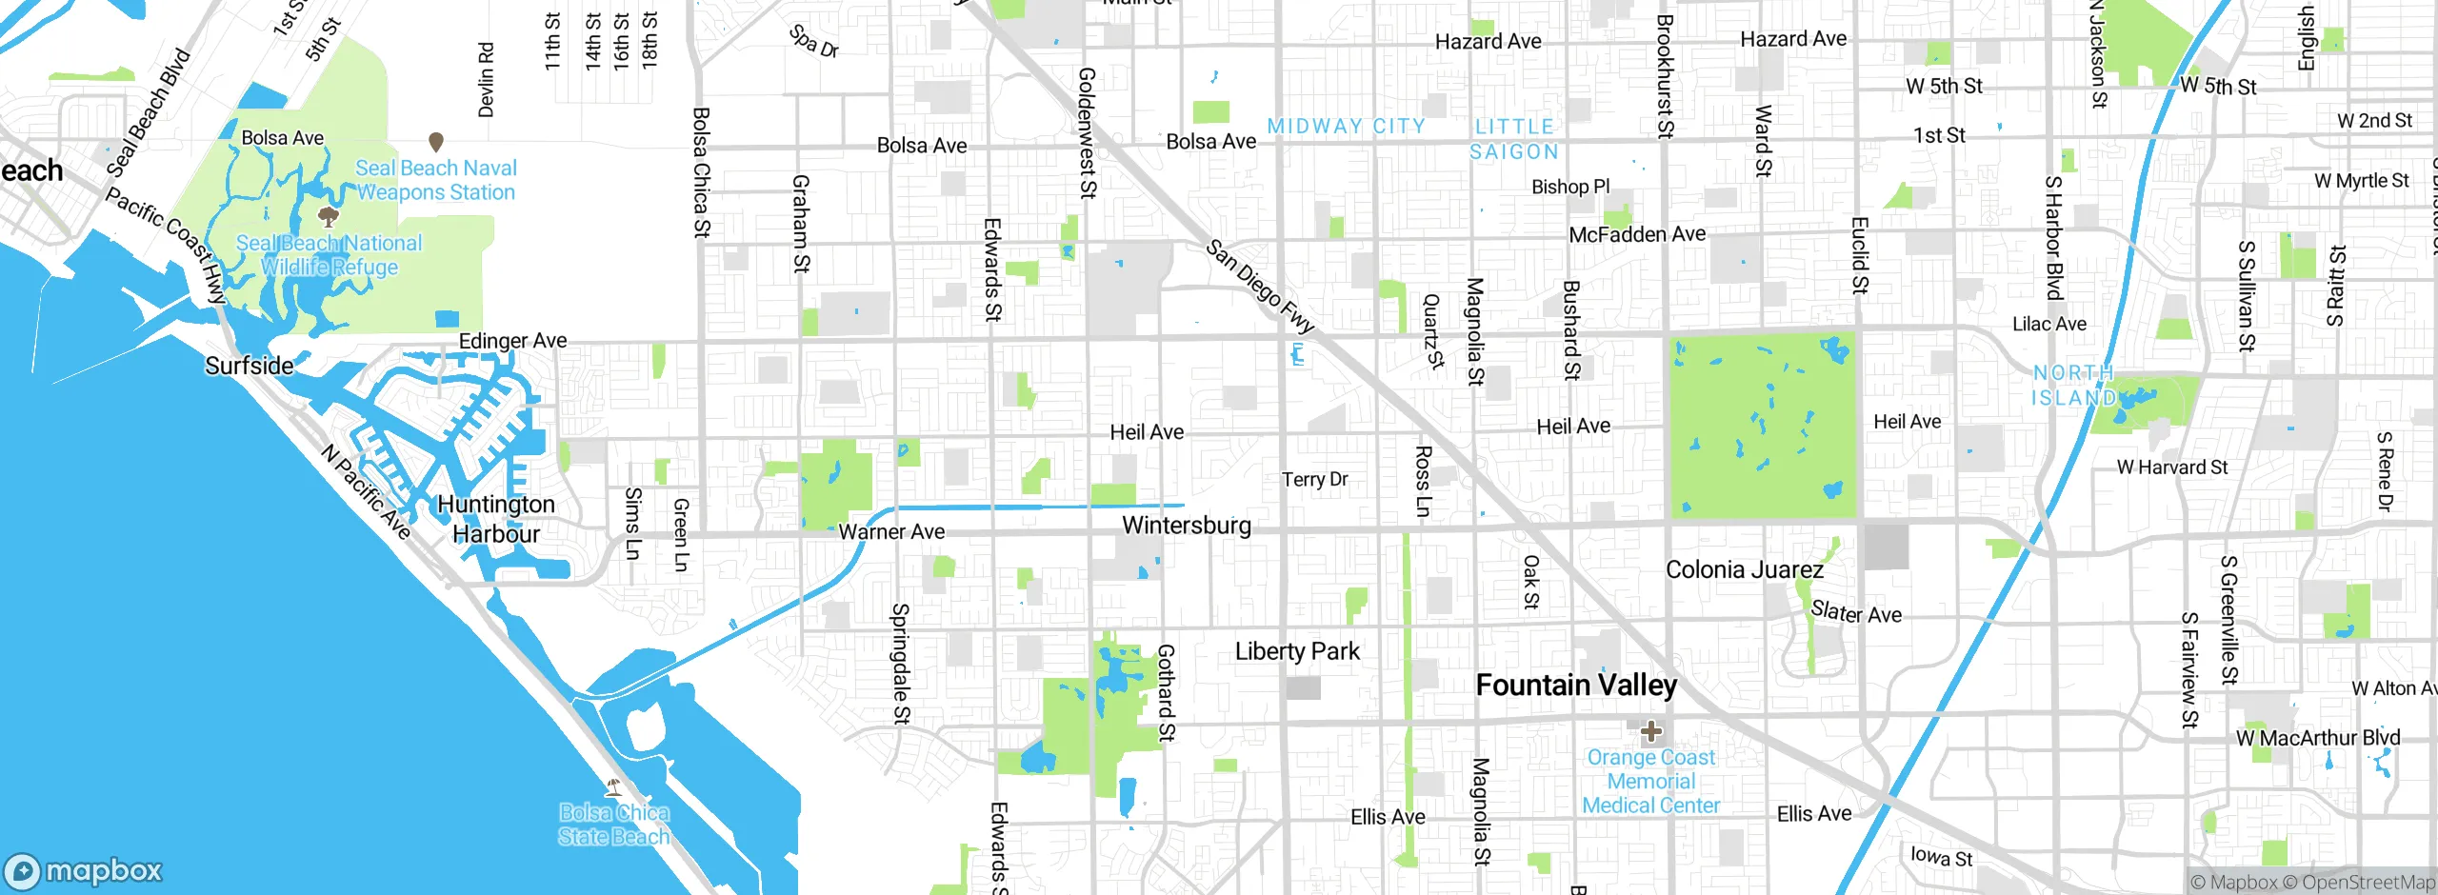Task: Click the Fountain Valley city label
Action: click(x=1576, y=686)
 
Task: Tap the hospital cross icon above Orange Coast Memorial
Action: click(x=1650, y=731)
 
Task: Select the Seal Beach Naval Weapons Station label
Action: click(x=435, y=180)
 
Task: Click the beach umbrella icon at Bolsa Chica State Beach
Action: click(x=614, y=786)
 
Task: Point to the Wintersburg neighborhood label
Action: click(x=1186, y=526)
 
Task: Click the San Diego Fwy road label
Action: click(x=1259, y=286)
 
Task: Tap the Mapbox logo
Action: click(x=84, y=870)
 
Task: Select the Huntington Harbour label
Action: click(x=495, y=519)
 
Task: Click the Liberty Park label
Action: click(x=1297, y=651)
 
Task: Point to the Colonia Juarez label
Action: click(x=1744, y=569)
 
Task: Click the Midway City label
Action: click(x=1346, y=126)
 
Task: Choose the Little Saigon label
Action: click(x=1514, y=139)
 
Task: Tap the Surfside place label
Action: click(x=250, y=366)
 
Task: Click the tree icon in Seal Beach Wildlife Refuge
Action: click(x=328, y=217)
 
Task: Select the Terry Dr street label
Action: click(x=1314, y=479)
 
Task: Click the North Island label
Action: click(x=2074, y=385)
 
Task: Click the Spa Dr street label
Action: click(x=813, y=41)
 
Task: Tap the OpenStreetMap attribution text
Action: click(x=2368, y=883)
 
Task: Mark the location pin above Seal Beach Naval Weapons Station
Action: click(x=436, y=142)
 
